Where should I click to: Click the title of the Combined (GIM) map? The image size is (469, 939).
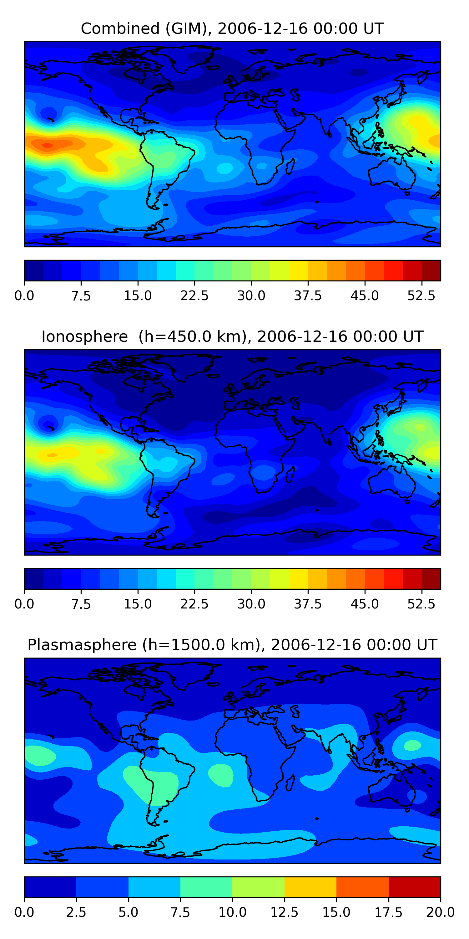pyautogui.click(x=232, y=28)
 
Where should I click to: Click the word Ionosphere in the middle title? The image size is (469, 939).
pyautogui.click(x=84, y=336)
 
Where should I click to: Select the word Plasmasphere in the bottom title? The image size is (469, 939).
pyautogui.click(x=82, y=645)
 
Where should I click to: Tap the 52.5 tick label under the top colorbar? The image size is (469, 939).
pyautogui.click(x=421, y=295)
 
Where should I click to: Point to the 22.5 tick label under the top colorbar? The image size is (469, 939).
pyautogui.click(x=194, y=295)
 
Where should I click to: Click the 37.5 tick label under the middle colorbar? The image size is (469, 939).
pyautogui.click(x=308, y=604)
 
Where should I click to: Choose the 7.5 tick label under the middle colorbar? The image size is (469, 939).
pyautogui.click(x=81, y=604)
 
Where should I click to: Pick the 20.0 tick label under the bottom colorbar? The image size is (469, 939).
pyautogui.click(x=441, y=912)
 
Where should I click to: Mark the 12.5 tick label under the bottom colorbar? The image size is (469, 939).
pyautogui.click(x=285, y=912)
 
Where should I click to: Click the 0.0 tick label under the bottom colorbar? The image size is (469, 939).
pyautogui.click(x=24, y=912)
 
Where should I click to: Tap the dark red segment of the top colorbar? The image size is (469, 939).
pyautogui.click(x=431, y=270)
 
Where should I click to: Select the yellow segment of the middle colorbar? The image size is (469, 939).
pyautogui.click(x=299, y=579)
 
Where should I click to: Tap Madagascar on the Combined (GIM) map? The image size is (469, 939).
pyautogui.click(x=290, y=166)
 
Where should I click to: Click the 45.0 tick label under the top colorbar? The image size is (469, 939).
pyautogui.click(x=365, y=295)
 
